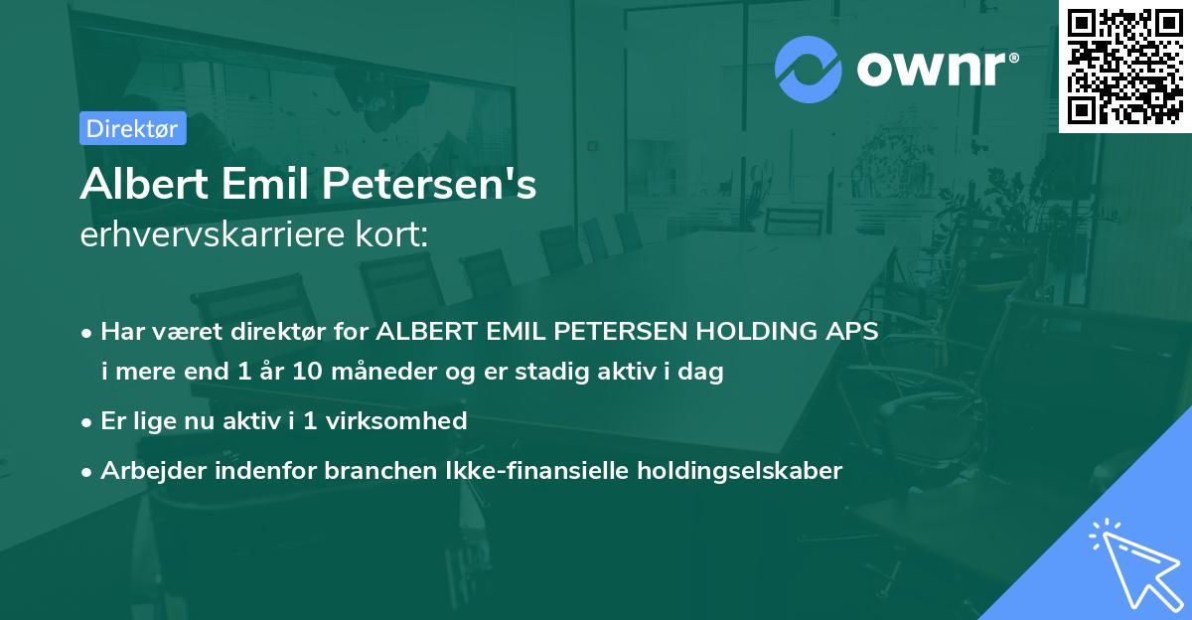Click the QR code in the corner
click(1124, 67)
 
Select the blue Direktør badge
click(131, 128)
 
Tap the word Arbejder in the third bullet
click(145, 471)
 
